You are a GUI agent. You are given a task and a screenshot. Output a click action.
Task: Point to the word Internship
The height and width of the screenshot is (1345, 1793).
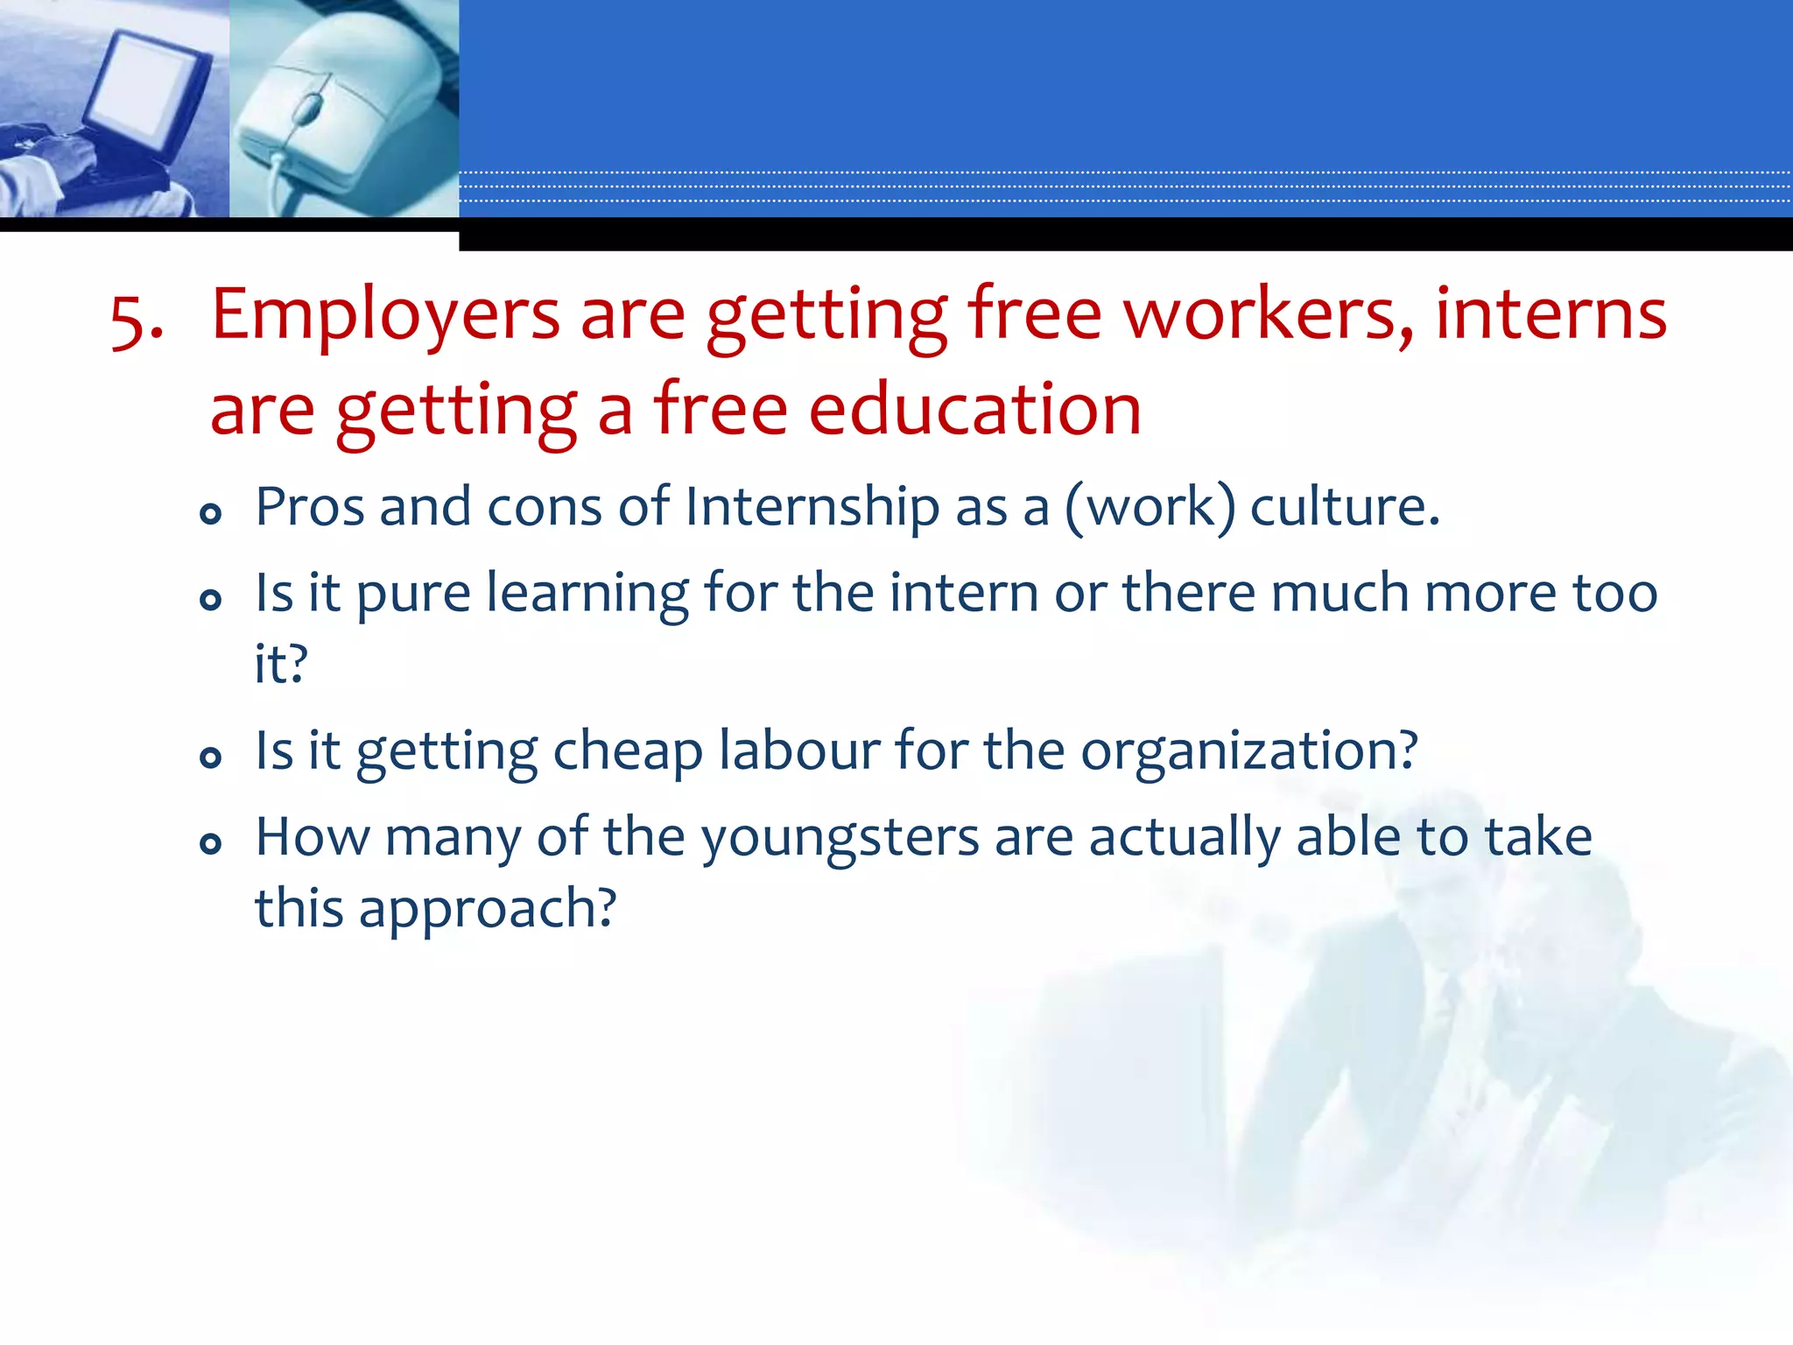click(x=812, y=508)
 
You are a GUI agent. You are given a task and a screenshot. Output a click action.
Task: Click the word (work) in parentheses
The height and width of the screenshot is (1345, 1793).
click(x=1150, y=508)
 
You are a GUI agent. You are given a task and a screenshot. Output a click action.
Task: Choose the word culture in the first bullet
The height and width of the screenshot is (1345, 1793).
click(x=1344, y=508)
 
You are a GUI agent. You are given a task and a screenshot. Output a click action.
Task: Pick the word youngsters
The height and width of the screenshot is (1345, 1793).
click(x=840, y=839)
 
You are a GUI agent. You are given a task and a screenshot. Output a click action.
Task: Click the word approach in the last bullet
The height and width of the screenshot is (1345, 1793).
click(x=487, y=909)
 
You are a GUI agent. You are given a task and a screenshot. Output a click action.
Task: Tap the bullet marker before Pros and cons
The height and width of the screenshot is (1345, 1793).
click(x=210, y=513)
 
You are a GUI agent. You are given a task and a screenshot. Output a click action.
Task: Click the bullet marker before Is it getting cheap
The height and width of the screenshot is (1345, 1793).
click(x=210, y=757)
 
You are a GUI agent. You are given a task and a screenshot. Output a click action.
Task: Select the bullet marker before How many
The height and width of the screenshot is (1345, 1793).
click(x=210, y=843)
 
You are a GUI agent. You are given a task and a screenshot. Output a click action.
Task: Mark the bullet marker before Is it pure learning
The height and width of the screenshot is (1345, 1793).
click(x=210, y=600)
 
